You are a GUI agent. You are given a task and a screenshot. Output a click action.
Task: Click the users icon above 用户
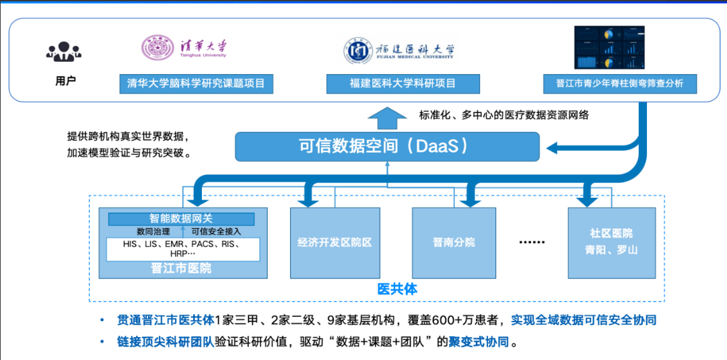click(x=65, y=52)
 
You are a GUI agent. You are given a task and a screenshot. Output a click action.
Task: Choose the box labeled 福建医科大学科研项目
click(x=403, y=84)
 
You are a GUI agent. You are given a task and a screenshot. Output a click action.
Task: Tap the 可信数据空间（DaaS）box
click(x=387, y=146)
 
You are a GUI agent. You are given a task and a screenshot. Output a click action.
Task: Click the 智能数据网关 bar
click(x=181, y=219)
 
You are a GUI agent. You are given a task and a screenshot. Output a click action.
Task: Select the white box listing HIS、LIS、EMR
click(x=182, y=249)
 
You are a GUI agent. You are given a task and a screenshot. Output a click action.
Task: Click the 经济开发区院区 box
click(x=335, y=242)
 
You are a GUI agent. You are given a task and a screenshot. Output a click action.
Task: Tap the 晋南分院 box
click(x=454, y=242)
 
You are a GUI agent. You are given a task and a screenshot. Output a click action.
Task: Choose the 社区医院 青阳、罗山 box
click(x=611, y=242)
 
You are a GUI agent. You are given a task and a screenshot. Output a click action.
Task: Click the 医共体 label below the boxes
click(x=397, y=289)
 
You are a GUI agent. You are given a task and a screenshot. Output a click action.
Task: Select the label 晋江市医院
click(x=181, y=268)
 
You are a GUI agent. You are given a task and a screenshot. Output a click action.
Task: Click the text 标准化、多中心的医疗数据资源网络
click(x=504, y=115)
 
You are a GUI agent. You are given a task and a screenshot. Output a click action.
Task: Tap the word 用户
click(x=65, y=81)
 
